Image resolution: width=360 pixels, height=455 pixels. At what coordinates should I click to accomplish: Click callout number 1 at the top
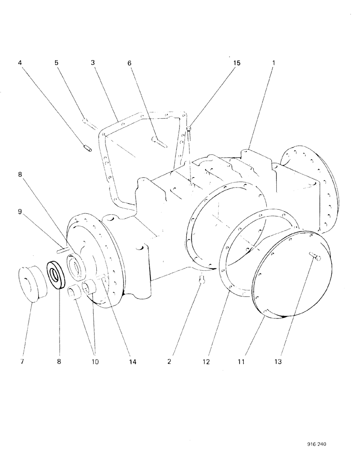pyautogui.click(x=273, y=63)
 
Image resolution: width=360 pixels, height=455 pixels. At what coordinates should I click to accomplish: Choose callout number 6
pyautogui.click(x=129, y=63)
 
